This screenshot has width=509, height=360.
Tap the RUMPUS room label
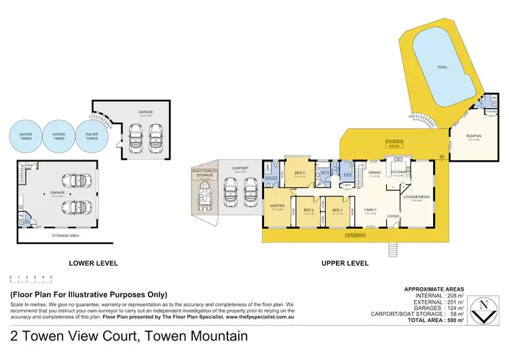473,136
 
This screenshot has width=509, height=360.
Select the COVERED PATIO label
394,143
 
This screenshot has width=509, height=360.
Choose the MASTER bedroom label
277,206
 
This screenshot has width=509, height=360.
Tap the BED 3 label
337,211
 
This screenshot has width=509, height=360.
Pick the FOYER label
394,217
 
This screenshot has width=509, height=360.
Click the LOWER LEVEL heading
94,263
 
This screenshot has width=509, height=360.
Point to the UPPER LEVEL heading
346,263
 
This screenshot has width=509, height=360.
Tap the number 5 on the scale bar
51,277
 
